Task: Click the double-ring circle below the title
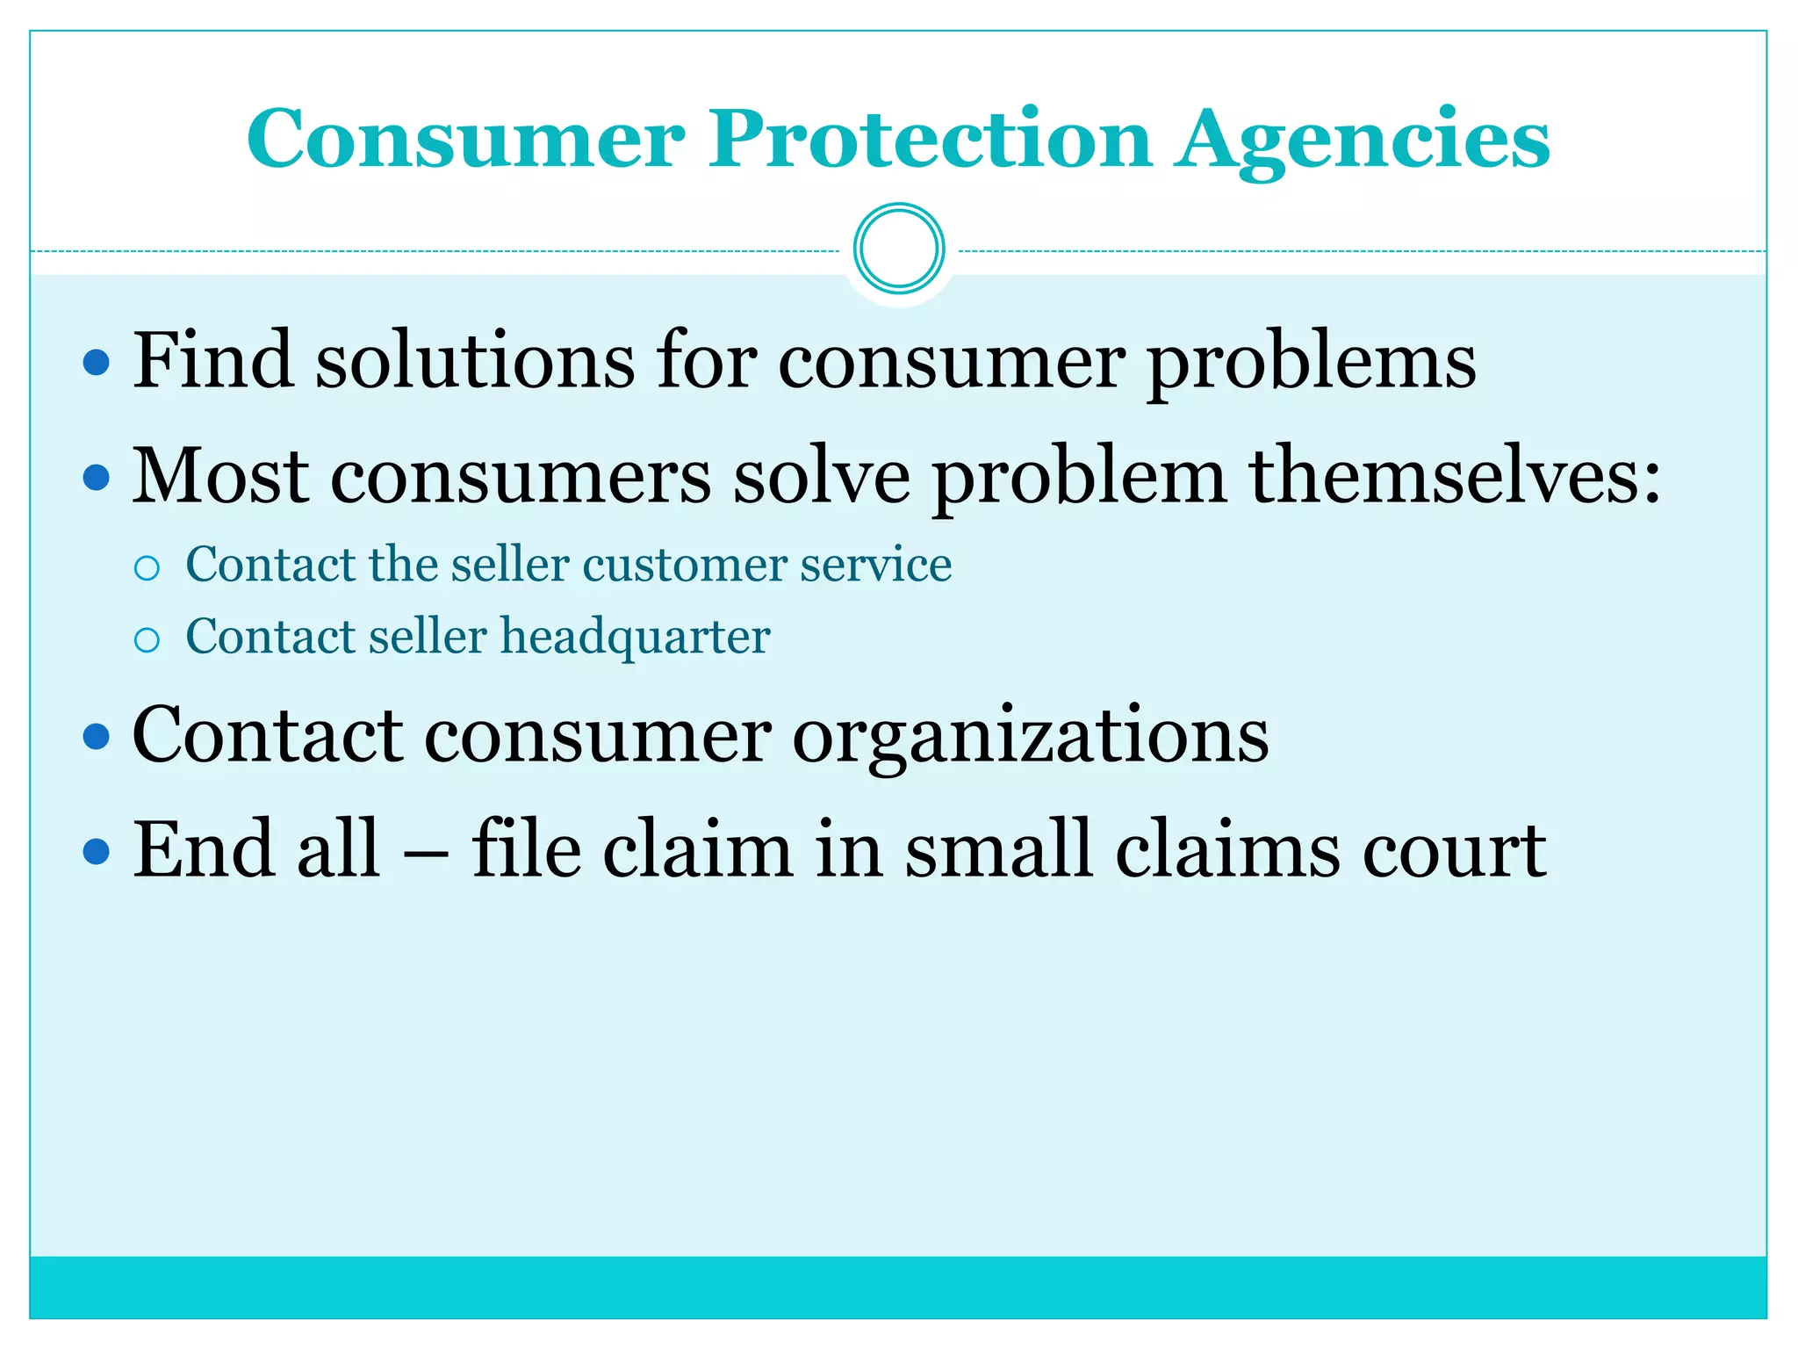898,249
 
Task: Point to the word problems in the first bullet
1312,364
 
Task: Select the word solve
822,477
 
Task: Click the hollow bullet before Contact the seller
147,568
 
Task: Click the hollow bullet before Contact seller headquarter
147,640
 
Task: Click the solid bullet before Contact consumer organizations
97,736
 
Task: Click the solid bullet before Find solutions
97,362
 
